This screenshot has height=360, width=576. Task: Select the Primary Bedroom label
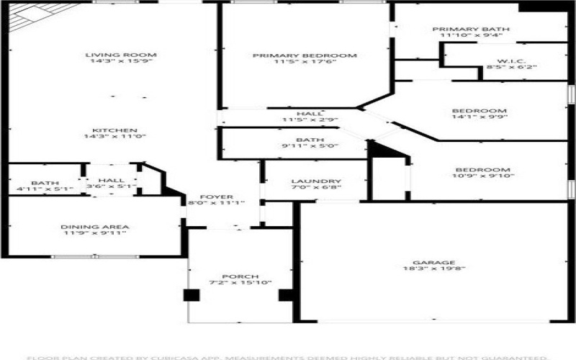tap(305, 55)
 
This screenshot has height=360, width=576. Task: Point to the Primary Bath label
tap(466, 30)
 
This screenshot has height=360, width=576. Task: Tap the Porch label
tap(235, 276)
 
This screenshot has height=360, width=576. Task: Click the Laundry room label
tap(316, 181)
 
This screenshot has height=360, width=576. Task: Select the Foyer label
tap(216, 197)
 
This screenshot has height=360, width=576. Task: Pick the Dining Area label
tap(94, 228)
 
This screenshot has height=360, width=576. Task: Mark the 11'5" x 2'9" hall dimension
tap(309, 120)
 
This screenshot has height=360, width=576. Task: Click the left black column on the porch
tap(191, 294)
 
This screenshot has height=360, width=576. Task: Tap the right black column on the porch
tap(285, 294)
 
